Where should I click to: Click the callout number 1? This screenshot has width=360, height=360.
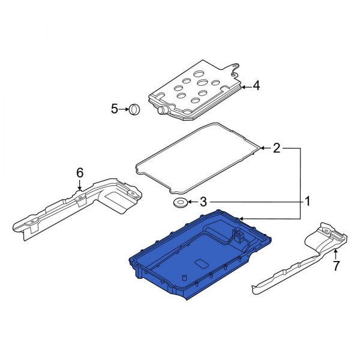(x=307, y=201)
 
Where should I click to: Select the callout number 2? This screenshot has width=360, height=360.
(x=277, y=148)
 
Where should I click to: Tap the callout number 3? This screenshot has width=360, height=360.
(x=203, y=202)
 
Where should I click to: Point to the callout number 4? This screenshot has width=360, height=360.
(x=256, y=86)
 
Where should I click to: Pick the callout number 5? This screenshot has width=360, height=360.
(x=115, y=109)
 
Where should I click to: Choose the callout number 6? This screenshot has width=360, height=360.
(x=79, y=173)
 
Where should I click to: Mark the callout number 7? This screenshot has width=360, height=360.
(x=336, y=265)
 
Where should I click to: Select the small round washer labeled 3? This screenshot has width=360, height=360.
(x=179, y=203)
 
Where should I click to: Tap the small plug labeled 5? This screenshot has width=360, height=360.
(x=134, y=109)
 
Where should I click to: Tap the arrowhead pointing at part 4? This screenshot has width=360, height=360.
(x=242, y=86)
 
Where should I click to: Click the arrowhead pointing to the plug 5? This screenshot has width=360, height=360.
(x=127, y=109)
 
